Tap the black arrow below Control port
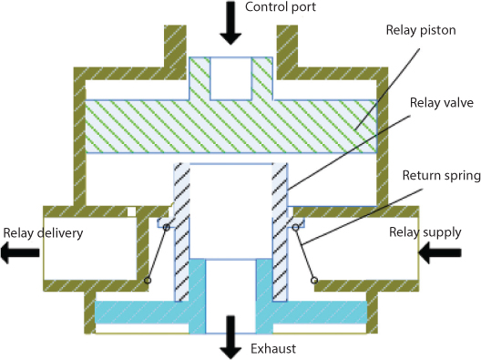pyautogui.click(x=231, y=24)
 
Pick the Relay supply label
pyautogui.click(x=425, y=231)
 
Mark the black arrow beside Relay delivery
pyautogui.click(x=16, y=255)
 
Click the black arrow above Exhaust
pyautogui.click(x=231, y=335)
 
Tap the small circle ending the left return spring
pyautogui.click(x=148, y=281)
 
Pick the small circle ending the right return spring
pyautogui.click(x=314, y=281)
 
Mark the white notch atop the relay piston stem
pyautogui.click(x=230, y=77)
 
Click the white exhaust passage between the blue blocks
pyautogui.click(x=230, y=292)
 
